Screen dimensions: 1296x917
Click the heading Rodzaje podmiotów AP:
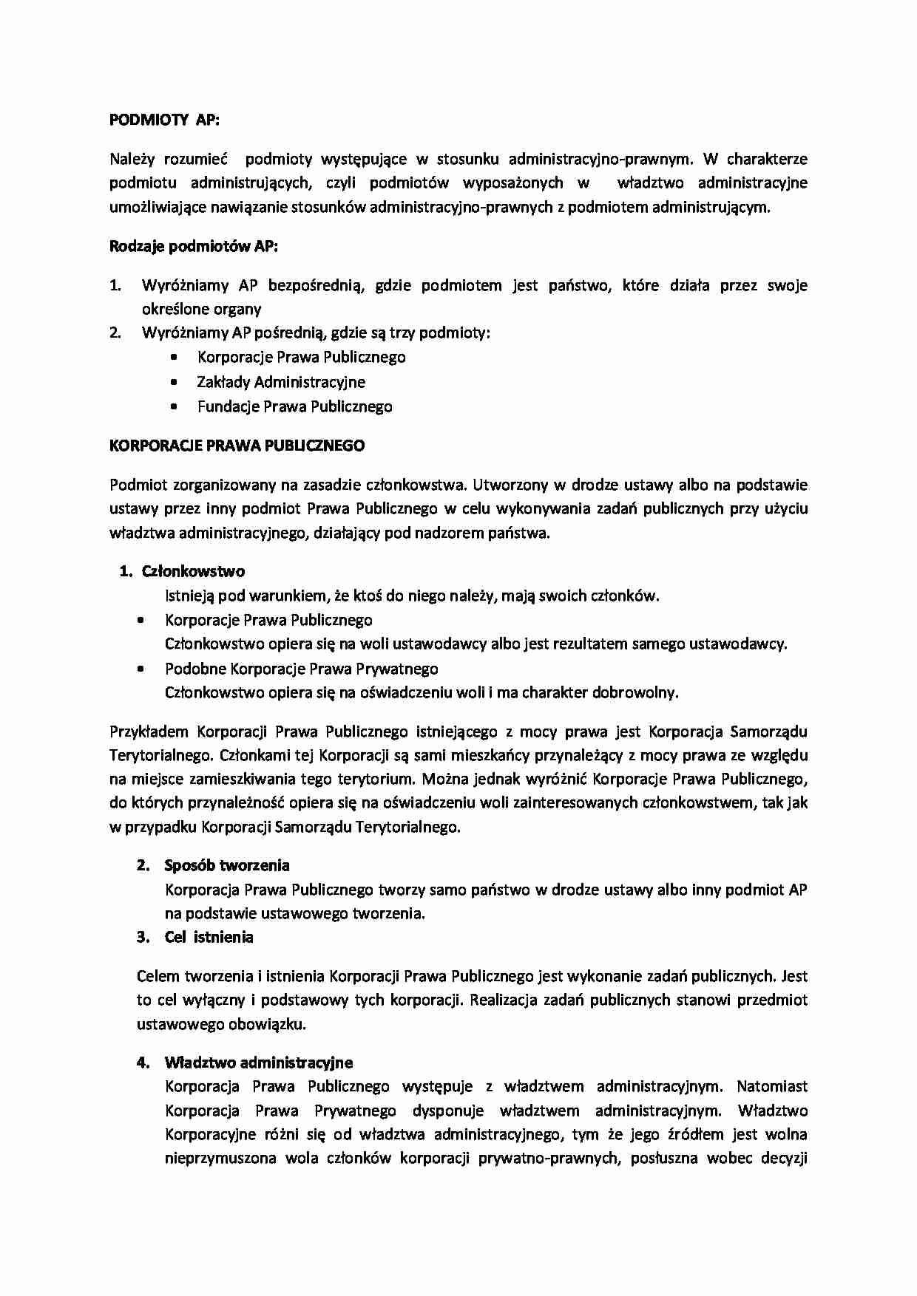coord(194,247)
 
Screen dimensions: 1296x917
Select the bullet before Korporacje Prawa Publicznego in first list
coord(174,358)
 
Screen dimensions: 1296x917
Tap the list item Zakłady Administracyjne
coord(280,382)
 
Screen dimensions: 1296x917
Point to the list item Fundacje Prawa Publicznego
coord(294,406)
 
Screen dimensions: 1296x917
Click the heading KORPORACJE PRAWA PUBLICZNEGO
coord(237,446)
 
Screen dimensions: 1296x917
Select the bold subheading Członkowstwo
coord(193,571)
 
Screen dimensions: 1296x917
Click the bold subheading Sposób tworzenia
coord(226,865)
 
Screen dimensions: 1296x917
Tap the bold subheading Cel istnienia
coord(209,937)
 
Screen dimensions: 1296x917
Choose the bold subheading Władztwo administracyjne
coord(258,1063)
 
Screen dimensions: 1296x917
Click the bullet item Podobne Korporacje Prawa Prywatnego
coord(301,669)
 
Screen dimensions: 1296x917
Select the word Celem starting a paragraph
coord(157,976)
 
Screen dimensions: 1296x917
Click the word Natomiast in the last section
coord(771,1086)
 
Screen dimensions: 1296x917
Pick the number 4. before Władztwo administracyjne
coord(143,1063)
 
